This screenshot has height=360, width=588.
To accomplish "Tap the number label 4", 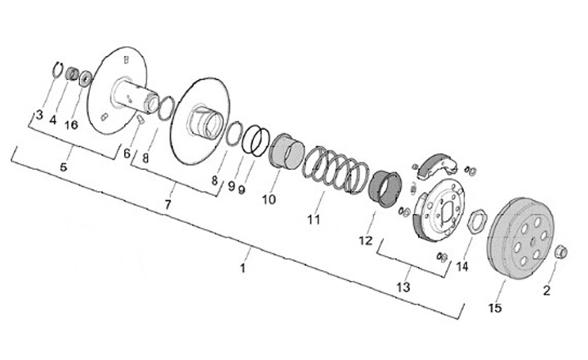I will [52, 120].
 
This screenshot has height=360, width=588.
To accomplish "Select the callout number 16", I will [72, 125].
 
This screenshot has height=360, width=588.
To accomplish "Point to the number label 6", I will [127, 153].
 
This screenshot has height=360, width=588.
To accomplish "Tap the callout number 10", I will [269, 198].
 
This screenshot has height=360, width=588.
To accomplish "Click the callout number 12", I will [364, 241].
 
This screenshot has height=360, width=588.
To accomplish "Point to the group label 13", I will [403, 287].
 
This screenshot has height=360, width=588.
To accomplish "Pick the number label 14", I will [462, 266].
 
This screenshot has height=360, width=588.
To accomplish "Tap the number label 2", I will [547, 289].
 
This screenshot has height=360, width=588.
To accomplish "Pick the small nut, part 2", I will [559, 251].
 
